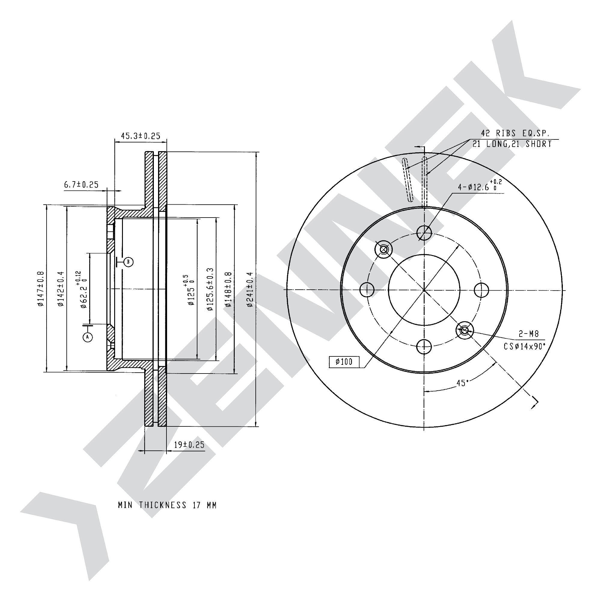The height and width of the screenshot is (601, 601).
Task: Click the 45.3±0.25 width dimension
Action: point(140,136)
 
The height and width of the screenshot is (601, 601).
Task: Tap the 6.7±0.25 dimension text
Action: point(81,185)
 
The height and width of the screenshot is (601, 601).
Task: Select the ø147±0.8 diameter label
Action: point(41,289)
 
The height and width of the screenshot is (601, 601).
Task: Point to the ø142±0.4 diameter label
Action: point(61,289)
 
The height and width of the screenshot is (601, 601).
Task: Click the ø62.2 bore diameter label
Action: point(81,289)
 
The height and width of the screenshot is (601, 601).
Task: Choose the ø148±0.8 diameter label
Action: point(229,290)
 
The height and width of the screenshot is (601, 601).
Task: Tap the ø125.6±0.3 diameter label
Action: point(210,289)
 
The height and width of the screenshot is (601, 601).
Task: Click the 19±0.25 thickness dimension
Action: point(189,445)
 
